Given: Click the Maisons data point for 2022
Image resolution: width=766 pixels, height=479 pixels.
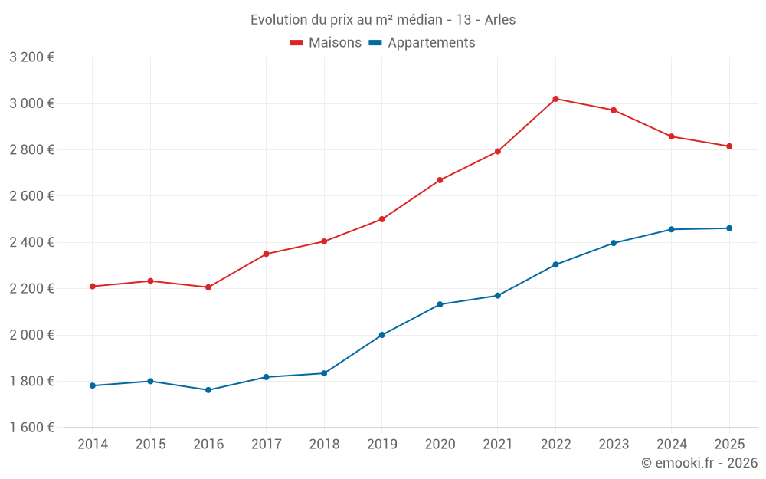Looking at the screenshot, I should click(x=555, y=99).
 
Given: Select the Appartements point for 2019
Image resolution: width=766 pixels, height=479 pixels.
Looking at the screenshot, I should click(x=382, y=335).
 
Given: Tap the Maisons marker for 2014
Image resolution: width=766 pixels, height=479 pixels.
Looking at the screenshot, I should click(x=93, y=287).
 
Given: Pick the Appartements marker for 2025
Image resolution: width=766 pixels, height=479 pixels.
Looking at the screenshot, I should click(x=729, y=228).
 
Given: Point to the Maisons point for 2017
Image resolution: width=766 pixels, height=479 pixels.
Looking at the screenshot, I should click(x=267, y=254).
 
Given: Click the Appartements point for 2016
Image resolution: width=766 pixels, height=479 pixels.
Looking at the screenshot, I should click(x=208, y=390).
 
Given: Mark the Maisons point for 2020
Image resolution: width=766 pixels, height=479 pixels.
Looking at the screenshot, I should click(x=440, y=180).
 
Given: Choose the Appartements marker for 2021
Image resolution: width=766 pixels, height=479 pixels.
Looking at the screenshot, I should click(x=498, y=296).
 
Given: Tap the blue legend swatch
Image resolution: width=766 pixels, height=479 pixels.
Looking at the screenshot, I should click(x=375, y=43).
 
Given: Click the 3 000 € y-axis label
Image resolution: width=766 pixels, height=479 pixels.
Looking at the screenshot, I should click(x=31, y=103).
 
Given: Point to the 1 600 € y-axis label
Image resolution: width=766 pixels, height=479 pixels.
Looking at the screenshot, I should click(x=31, y=428).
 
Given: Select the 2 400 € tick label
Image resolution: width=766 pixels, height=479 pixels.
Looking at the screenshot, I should click(x=31, y=242).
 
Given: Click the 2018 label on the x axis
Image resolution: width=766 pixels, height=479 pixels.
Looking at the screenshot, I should click(x=324, y=445).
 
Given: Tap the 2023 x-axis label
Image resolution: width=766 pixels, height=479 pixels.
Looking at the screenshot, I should click(x=614, y=445).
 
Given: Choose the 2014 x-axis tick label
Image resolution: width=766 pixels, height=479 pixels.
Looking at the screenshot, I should click(x=93, y=445).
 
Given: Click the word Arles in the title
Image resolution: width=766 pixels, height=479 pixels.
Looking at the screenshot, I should click(x=500, y=20).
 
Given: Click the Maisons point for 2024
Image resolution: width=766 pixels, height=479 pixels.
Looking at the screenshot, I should click(x=672, y=136).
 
